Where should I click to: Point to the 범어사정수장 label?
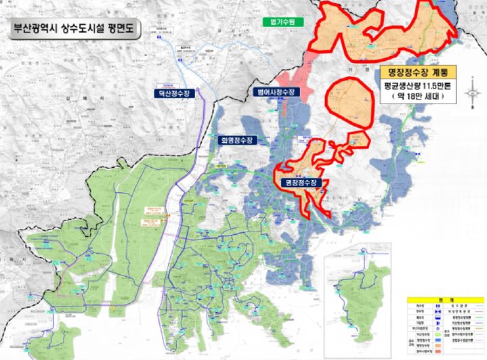(x=274, y=91)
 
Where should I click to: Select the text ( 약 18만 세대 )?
(x=417, y=97)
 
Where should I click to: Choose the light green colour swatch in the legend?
(x=438, y=335)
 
